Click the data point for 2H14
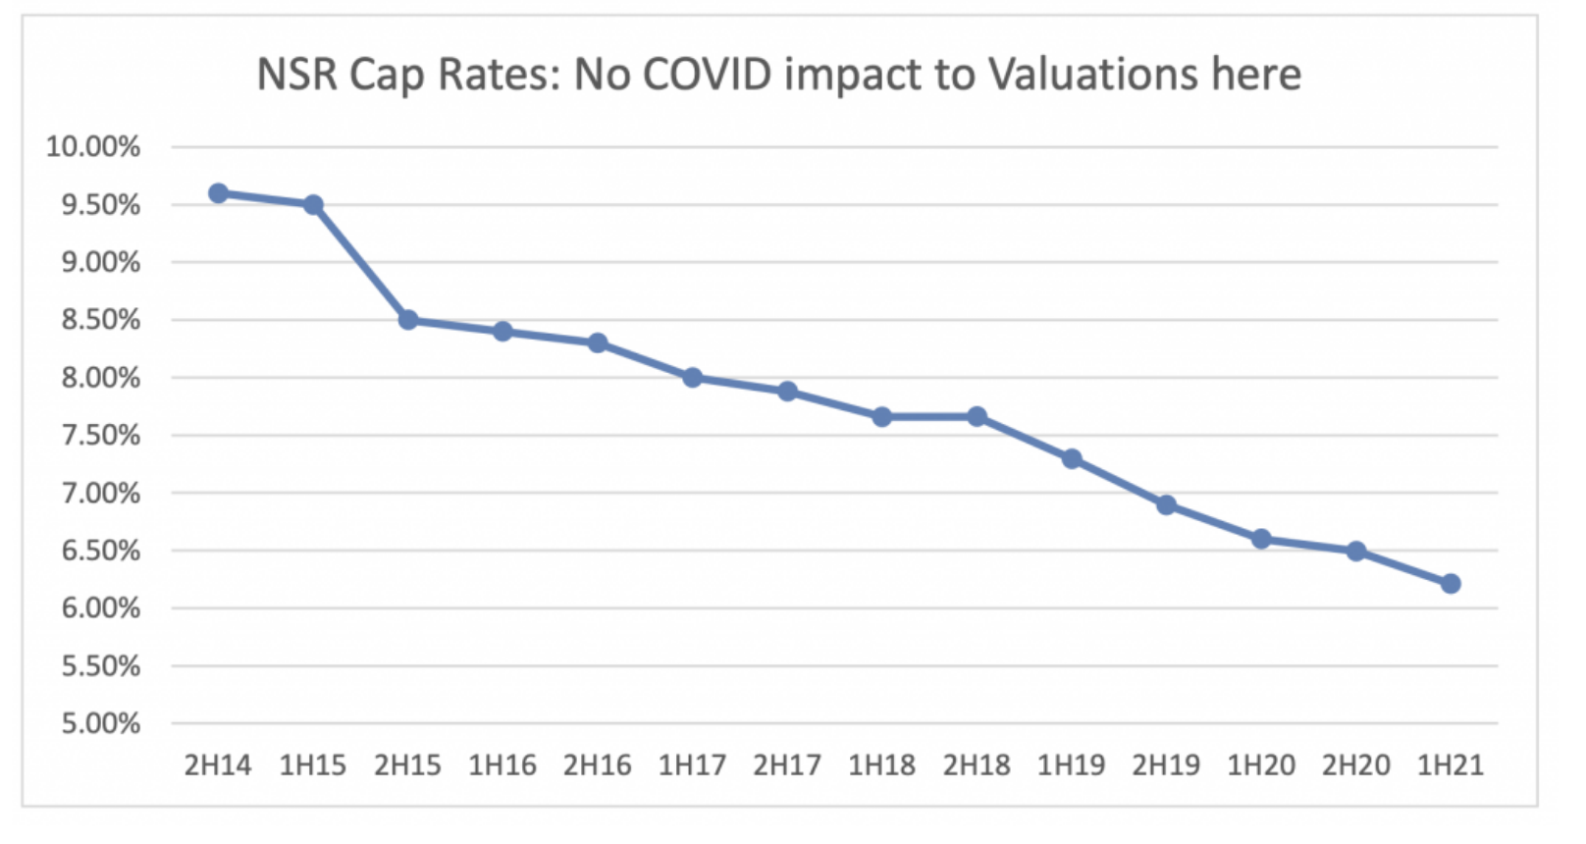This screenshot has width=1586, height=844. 219,193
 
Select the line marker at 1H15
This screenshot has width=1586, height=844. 313,205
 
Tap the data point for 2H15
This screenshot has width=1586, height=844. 408,320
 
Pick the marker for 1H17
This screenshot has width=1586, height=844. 693,377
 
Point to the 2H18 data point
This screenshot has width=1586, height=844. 978,417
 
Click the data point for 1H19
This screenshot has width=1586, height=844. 1072,458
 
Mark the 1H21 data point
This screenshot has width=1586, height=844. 1451,584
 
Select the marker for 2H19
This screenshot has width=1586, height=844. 1166,505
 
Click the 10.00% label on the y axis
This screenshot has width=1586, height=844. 93,147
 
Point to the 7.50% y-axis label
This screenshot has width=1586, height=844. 100,436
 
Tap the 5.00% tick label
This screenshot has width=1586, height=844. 100,724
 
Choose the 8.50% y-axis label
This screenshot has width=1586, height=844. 100,320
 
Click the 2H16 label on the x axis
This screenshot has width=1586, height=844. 598,765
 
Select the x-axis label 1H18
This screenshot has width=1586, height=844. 881,765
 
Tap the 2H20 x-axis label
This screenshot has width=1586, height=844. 1355,765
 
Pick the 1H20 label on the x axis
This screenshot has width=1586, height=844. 1261,765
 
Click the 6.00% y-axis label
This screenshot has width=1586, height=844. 100,608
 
